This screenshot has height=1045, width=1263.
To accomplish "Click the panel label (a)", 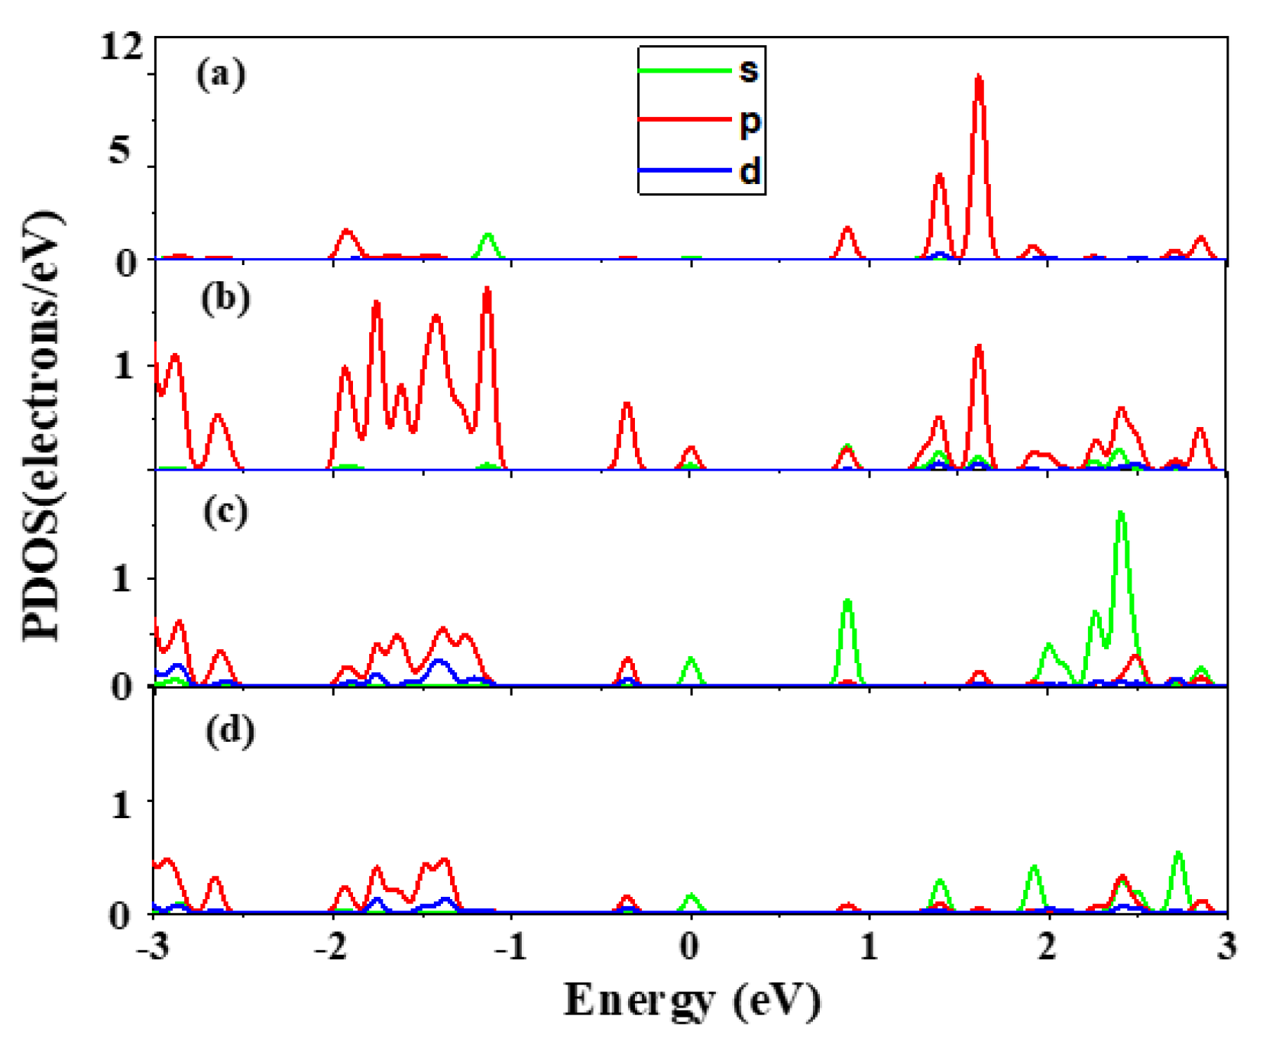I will (221, 76).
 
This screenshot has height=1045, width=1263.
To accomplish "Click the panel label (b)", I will (225, 299).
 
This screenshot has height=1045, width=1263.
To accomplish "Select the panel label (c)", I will (225, 513).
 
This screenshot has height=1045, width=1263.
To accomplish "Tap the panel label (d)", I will (230, 731).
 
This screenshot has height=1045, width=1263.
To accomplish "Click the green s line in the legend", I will (684, 71).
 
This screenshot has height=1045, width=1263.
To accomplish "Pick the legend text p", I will (750, 122).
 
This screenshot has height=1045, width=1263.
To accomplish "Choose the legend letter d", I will (750, 171).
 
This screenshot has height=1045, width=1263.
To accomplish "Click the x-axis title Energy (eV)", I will (692, 1001).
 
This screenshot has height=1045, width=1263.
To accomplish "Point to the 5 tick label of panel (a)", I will (120, 150).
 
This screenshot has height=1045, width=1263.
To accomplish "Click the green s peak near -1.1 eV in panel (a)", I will (487, 237).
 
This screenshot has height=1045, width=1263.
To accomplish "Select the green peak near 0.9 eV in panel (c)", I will (847, 603).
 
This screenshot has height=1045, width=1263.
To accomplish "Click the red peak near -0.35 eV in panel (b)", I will (627, 405).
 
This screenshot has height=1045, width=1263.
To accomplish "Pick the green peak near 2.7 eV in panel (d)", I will (1178, 854).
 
